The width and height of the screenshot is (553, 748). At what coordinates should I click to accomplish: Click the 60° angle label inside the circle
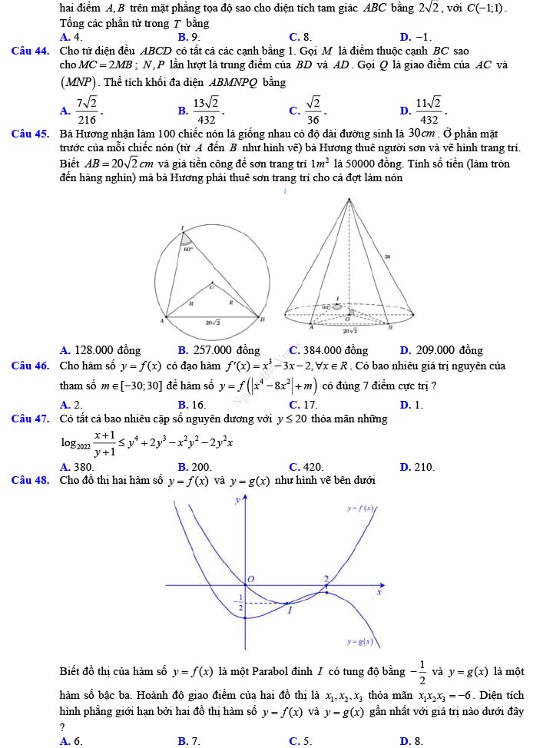(187, 248)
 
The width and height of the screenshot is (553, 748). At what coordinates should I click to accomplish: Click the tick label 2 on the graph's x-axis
(326, 578)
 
